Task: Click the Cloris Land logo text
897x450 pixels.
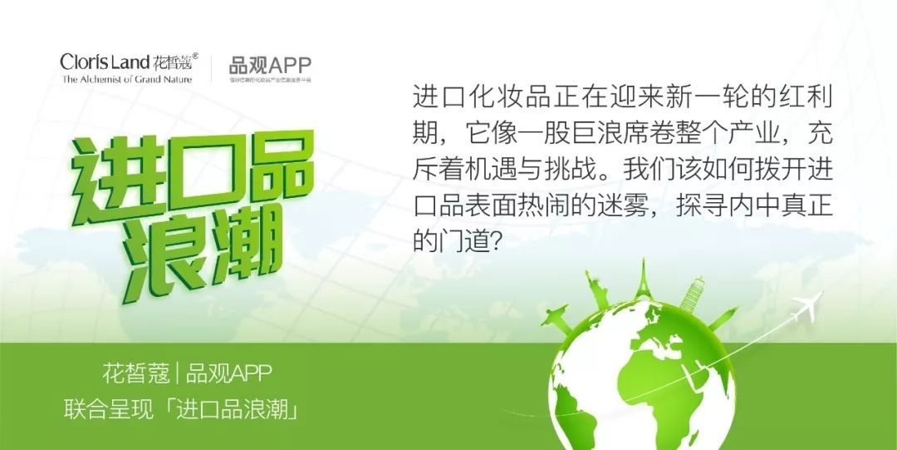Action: [x=105, y=62]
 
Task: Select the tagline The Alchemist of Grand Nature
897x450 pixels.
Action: [x=126, y=80]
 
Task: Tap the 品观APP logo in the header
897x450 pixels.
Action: [x=271, y=66]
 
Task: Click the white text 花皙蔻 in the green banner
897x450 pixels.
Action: [x=132, y=373]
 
